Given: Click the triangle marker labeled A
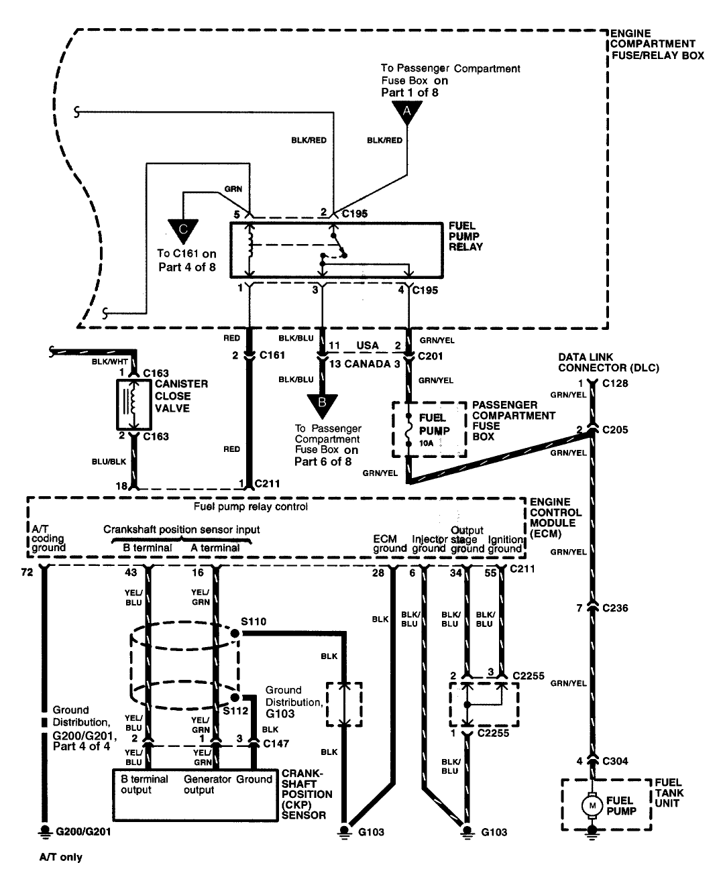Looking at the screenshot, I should [x=406, y=113].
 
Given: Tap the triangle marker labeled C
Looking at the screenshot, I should [x=184, y=231].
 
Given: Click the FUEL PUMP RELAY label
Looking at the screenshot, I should [x=465, y=237].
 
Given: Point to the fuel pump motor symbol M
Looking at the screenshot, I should [x=592, y=804].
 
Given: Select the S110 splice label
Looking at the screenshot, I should [x=254, y=622].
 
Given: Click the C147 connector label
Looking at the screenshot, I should [x=276, y=743].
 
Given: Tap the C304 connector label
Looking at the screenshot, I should [x=615, y=761].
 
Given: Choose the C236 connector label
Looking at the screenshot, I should [x=615, y=608].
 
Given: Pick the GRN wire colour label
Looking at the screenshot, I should [x=233, y=189].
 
